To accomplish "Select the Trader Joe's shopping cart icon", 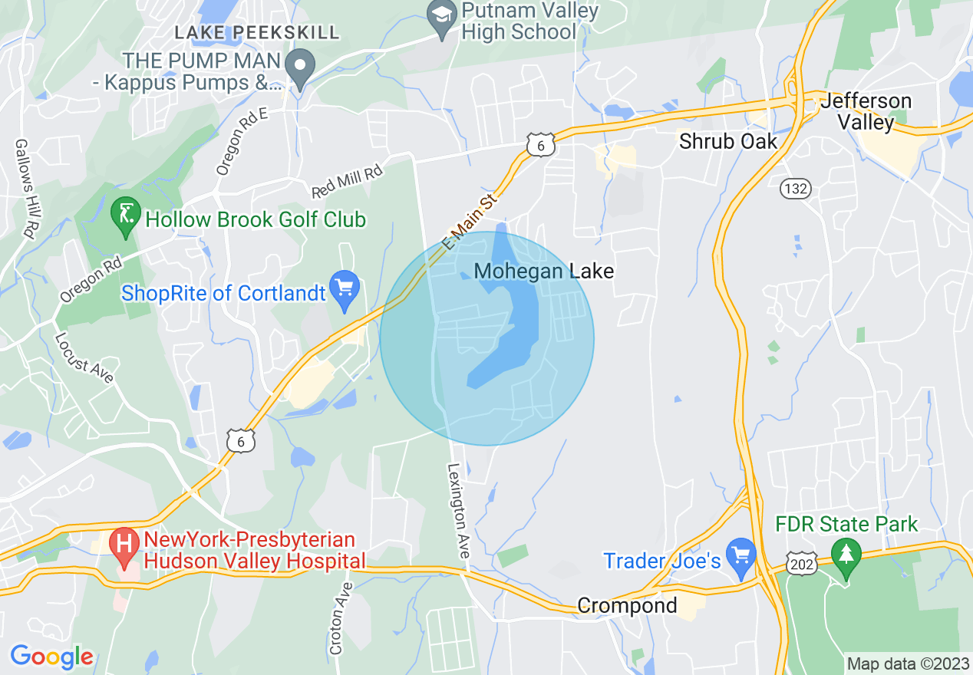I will click(x=741, y=558).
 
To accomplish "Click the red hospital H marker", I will click(x=122, y=547).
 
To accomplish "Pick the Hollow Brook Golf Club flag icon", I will click(x=123, y=218).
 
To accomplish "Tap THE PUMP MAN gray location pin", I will click(x=300, y=67).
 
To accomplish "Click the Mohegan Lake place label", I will click(x=544, y=272).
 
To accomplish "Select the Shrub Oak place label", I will click(x=728, y=141).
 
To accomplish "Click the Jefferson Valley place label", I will click(x=866, y=112).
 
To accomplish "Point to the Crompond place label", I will click(x=627, y=605).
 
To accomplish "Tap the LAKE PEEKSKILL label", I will click(x=256, y=32).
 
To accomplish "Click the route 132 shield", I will click(x=796, y=189).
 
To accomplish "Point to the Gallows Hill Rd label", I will click(x=25, y=189).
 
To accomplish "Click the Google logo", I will click(x=51, y=657).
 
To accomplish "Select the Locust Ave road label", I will click(x=84, y=357).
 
